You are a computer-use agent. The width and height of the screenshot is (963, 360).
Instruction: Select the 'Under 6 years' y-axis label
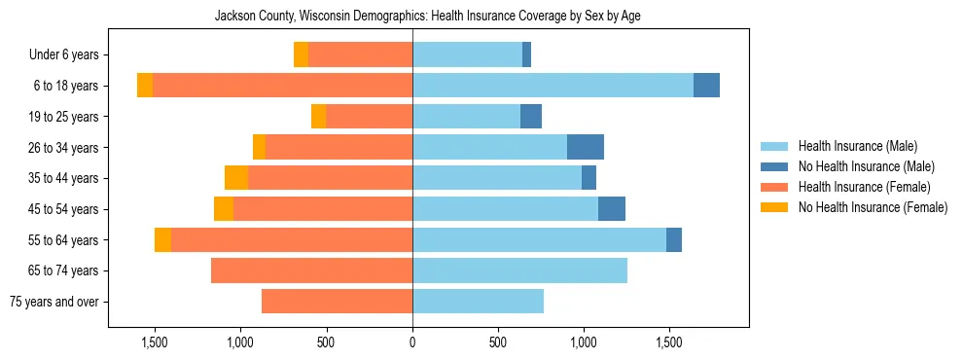69,55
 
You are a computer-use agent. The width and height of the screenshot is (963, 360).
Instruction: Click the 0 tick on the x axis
412,342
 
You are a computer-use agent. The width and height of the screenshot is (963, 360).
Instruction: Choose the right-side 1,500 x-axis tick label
669,342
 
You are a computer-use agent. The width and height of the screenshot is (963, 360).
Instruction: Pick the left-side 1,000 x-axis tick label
240,342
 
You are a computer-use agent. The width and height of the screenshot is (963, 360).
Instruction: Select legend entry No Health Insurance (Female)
873,207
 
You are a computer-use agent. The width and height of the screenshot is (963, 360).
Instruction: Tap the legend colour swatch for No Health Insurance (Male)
775,166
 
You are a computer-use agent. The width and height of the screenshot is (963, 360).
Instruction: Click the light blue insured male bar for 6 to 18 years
553,86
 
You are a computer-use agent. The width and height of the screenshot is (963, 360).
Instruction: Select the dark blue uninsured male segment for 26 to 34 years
586,147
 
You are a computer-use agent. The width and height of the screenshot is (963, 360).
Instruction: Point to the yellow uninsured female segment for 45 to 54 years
224,209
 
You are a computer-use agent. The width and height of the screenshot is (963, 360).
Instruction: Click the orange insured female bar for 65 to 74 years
311,270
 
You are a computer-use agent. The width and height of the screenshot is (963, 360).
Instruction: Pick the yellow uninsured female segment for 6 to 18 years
145,86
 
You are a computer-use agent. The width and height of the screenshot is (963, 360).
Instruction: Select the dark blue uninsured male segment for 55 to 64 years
674,239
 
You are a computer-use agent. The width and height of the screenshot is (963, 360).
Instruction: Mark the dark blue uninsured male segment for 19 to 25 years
531,117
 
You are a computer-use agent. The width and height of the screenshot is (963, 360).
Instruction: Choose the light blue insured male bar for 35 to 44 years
497,178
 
